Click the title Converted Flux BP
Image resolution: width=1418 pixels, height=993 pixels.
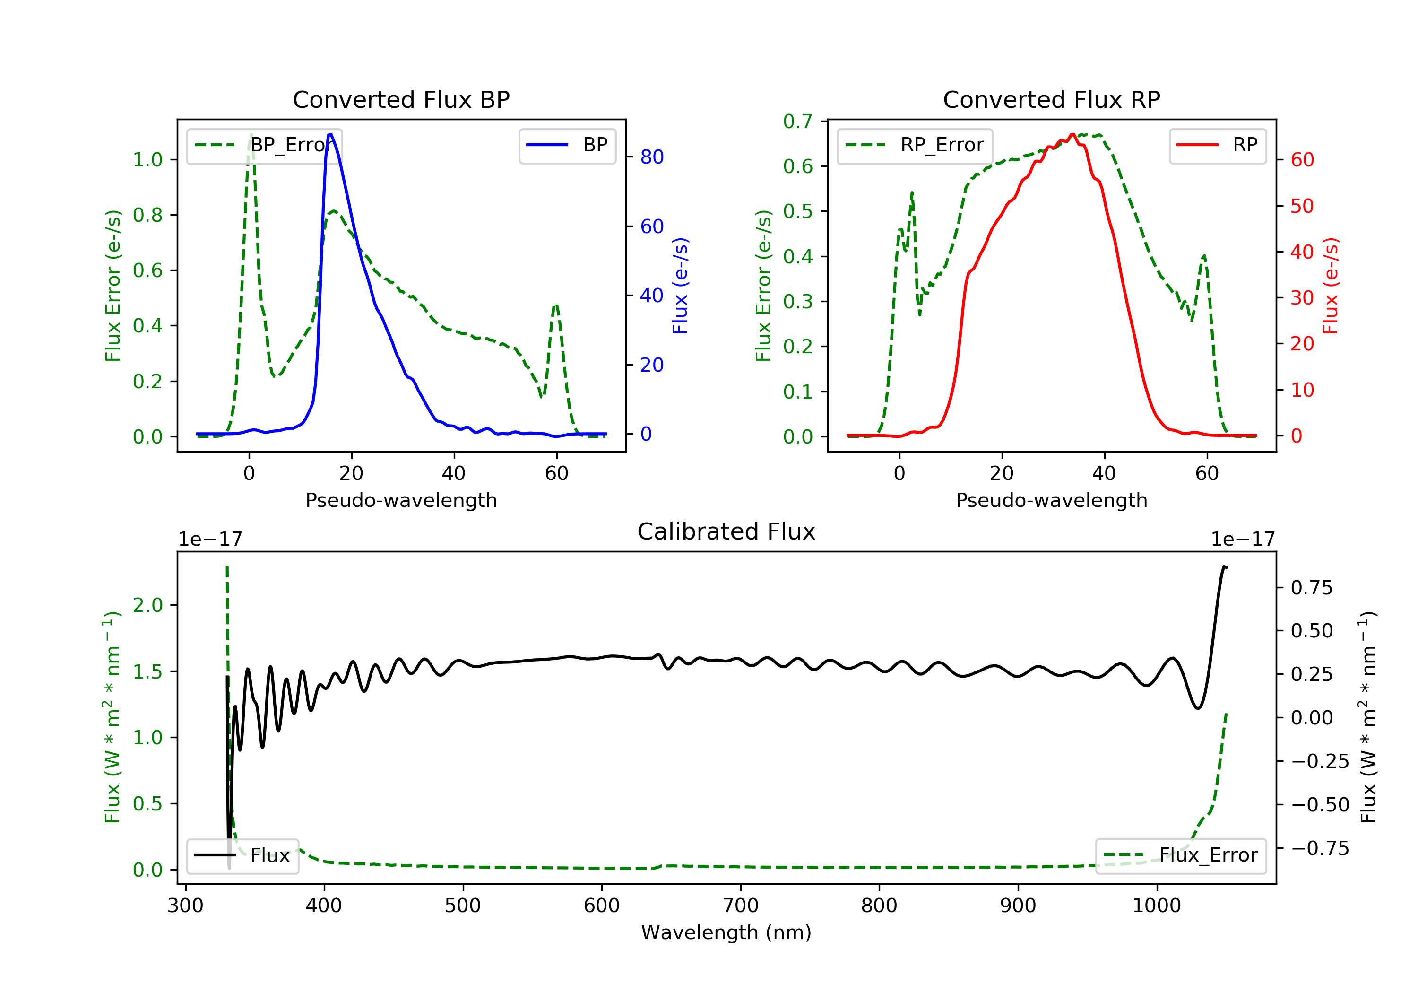(x=401, y=99)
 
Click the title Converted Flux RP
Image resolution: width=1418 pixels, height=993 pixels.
(x=1052, y=99)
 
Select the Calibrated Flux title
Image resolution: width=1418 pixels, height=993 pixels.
(x=726, y=531)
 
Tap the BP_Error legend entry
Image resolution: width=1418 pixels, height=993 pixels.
(x=264, y=145)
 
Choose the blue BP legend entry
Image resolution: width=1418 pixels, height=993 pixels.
(x=567, y=145)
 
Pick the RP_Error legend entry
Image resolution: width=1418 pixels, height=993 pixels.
(x=915, y=145)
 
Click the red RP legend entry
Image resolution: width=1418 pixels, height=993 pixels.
(x=1217, y=145)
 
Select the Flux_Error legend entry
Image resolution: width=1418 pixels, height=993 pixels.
(x=1181, y=855)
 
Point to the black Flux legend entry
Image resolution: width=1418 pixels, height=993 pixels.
(x=242, y=855)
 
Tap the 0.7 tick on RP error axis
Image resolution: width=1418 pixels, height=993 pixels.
(x=798, y=121)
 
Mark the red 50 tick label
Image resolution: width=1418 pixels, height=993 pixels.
(x=1302, y=206)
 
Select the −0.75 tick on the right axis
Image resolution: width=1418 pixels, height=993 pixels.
(x=1320, y=848)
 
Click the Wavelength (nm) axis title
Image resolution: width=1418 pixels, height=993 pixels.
(x=726, y=932)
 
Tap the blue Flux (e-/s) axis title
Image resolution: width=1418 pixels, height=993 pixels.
(x=680, y=286)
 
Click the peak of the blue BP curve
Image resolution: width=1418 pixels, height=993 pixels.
(x=330, y=134)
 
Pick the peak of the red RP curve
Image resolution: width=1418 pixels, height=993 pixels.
(x=1072, y=134)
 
